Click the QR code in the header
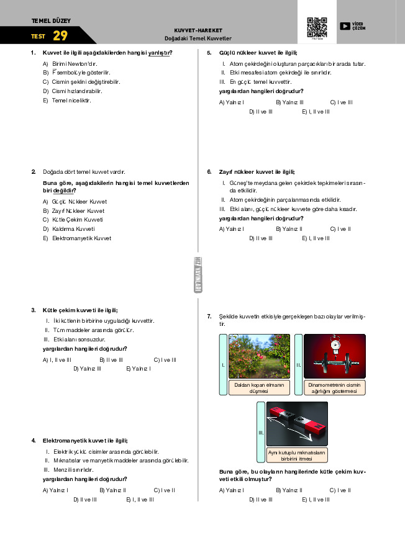[x=317, y=27]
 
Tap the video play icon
[x=345, y=26]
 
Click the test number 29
[x=60, y=36]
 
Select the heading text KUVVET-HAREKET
[x=198, y=30]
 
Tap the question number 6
[x=209, y=172]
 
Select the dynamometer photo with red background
[x=334, y=356]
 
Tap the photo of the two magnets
[x=297, y=424]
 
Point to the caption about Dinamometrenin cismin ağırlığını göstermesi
[x=334, y=388]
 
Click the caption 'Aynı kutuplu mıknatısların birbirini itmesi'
[x=297, y=456]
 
